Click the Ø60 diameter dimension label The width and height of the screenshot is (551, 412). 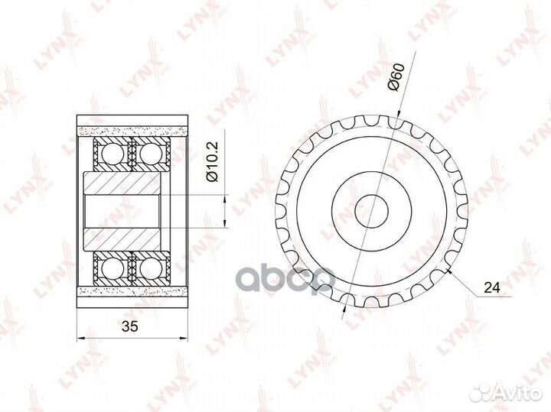pos(396,77)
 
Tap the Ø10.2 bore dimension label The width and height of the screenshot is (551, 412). pos(213,162)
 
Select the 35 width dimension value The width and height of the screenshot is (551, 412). pos(130,326)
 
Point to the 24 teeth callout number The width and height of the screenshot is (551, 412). pos(492,287)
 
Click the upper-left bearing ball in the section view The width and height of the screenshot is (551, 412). pos(112,154)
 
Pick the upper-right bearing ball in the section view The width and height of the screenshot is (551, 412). pos(151,154)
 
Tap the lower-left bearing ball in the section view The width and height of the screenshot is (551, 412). pos(112,269)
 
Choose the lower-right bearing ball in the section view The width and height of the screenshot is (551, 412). pos(151,269)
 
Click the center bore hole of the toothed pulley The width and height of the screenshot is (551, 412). pos(371,211)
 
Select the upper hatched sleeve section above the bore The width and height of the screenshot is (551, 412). pos(122,183)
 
